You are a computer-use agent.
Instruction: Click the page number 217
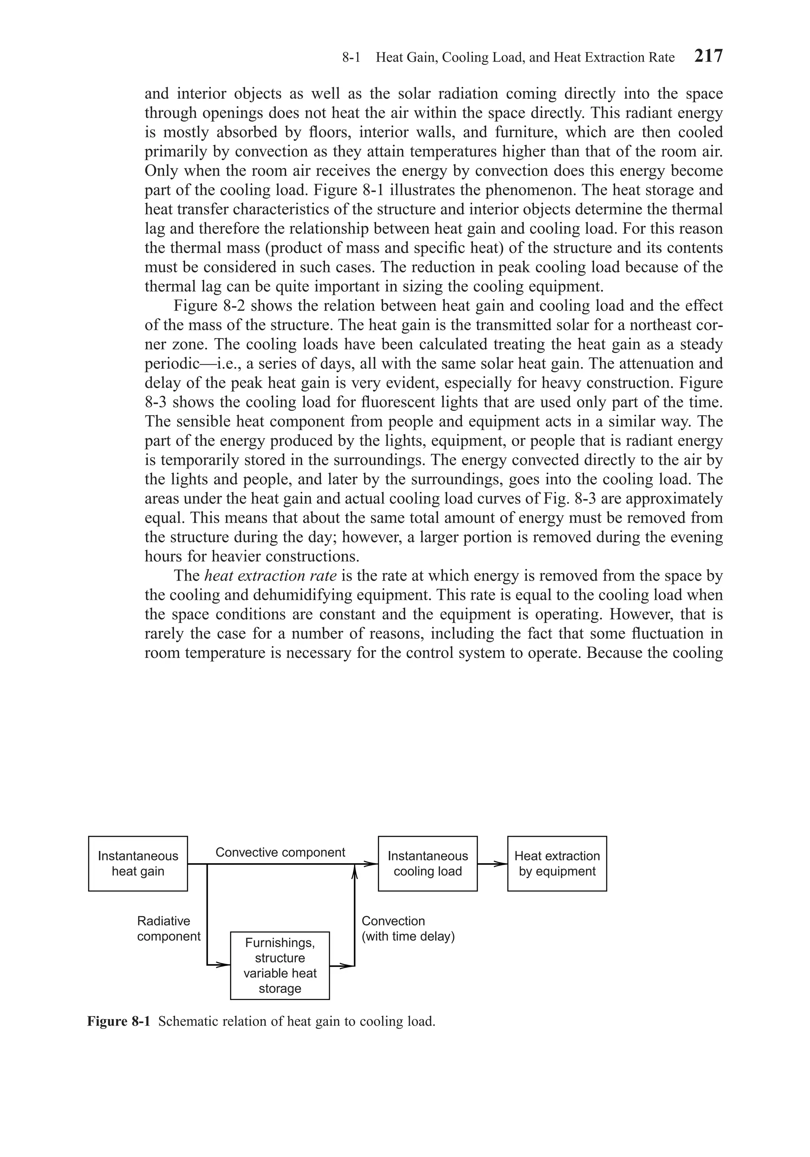coord(708,56)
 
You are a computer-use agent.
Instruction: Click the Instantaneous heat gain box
coord(138,864)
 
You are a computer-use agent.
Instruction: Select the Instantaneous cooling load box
coord(428,864)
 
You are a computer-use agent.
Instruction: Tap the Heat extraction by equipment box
coord(556,864)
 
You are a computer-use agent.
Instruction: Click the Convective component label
coord(280,852)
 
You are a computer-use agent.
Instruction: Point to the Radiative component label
coord(168,929)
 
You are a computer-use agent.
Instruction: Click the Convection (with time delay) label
coord(408,929)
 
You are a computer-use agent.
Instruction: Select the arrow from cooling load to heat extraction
coord(492,864)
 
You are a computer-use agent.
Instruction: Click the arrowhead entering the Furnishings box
coord(223,965)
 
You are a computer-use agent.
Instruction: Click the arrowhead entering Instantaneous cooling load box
coord(371,864)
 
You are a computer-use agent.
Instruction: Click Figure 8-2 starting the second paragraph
coord(209,306)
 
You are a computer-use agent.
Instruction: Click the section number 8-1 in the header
coord(351,57)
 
